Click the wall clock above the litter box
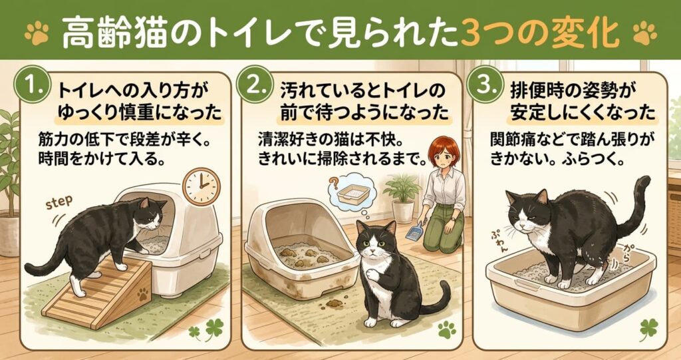coord(202,186)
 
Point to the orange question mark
coord(333,181)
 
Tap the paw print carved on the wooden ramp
coord(142,295)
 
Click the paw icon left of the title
coord(37,33)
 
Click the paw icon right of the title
coord(645,33)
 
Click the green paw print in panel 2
coord(447,329)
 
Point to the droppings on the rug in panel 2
coord(332,303)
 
